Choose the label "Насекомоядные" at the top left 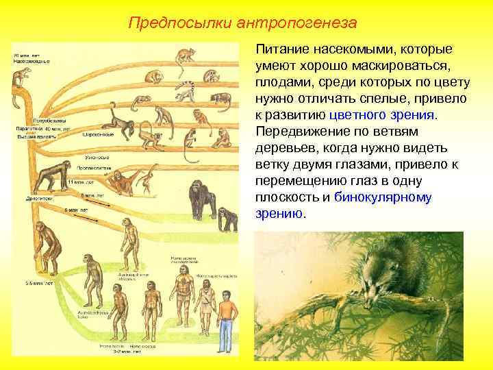click(x=30, y=61)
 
